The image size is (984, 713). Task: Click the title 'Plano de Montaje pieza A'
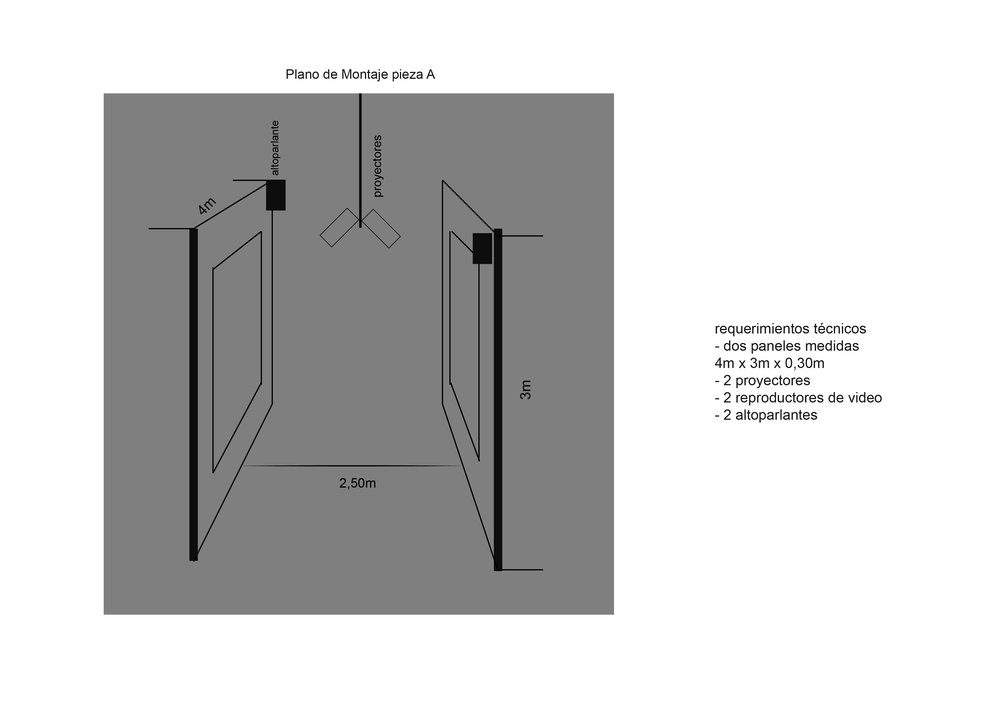click(360, 75)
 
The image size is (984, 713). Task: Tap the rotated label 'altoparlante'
click(275, 148)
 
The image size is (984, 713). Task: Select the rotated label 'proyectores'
click(378, 166)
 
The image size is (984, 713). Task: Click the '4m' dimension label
click(207, 206)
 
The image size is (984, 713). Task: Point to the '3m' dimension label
click(525, 390)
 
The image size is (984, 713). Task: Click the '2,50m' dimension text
click(357, 483)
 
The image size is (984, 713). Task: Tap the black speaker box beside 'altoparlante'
click(276, 195)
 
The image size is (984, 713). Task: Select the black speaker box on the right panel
click(482, 248)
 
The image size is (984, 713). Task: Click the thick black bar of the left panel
click(194, 395)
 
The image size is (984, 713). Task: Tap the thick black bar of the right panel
click(498, 400)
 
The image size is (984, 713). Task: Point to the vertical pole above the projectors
click(360, 160)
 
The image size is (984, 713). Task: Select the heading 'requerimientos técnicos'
click(790, 329)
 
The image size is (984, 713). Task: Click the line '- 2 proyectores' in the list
click(762, 380)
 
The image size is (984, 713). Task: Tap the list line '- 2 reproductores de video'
click(798, 398)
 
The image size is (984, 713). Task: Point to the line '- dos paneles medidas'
click(787, 346)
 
